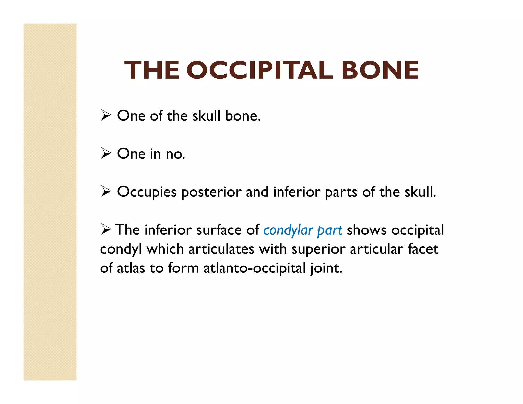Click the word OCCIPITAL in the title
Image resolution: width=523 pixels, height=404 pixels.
260,70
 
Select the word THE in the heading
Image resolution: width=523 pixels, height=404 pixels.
152,70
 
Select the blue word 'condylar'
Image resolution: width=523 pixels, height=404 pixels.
288,230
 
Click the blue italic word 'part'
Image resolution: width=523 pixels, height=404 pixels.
329,230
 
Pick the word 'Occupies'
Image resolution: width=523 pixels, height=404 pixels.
147,192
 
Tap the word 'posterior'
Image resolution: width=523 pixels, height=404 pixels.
211,192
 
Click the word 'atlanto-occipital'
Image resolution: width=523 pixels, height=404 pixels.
255,268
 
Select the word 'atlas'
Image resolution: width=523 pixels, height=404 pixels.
131,268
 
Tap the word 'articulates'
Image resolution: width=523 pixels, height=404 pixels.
221,249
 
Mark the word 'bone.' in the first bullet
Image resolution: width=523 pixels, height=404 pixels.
243,116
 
